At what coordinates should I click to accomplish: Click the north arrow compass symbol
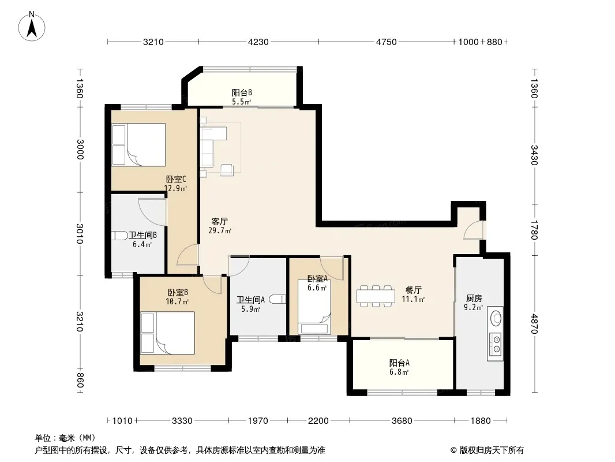(32, 26)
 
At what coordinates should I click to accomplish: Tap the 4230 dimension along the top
(258, 42)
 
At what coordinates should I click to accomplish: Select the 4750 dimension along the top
(387, 42)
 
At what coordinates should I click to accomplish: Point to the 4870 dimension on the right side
(534, 323)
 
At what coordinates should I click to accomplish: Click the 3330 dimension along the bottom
(182, 421)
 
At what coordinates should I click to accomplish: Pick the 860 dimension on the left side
(80, 380)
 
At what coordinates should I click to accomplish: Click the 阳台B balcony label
(242, 93)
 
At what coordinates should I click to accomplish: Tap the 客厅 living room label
(220, 222)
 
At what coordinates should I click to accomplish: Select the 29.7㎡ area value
(220, 231)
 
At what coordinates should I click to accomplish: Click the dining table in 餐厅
(376, 296)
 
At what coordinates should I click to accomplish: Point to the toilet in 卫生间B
(119, 236)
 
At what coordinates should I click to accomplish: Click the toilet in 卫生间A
(277, 299)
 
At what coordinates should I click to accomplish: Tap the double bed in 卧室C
(138, 145)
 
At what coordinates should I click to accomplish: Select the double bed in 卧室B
(167, 333)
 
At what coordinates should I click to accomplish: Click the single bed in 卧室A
(314, 307)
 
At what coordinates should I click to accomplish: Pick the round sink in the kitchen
(496, 318)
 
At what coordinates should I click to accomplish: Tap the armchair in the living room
(227, 170)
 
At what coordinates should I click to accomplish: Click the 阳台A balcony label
(399, 363)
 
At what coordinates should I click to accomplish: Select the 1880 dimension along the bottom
(481, 421)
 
